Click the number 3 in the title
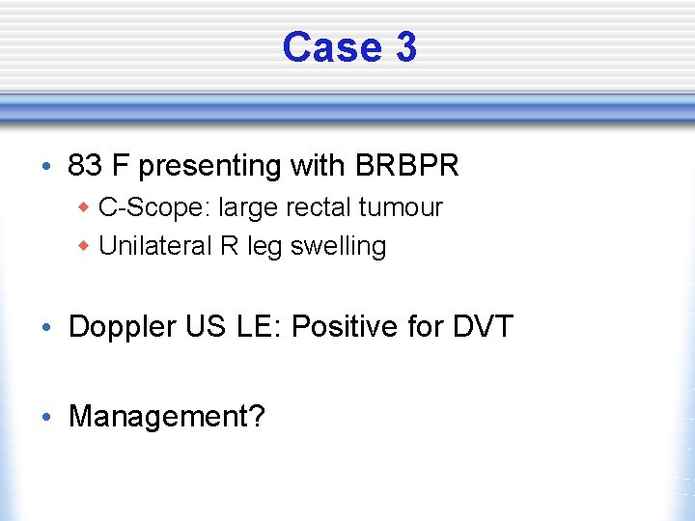click(405, 47)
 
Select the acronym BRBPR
click(406, 166)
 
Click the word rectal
click(331, 207)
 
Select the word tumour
click(405, 207)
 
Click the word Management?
click(166, 417)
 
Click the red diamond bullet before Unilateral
click(85, 247)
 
